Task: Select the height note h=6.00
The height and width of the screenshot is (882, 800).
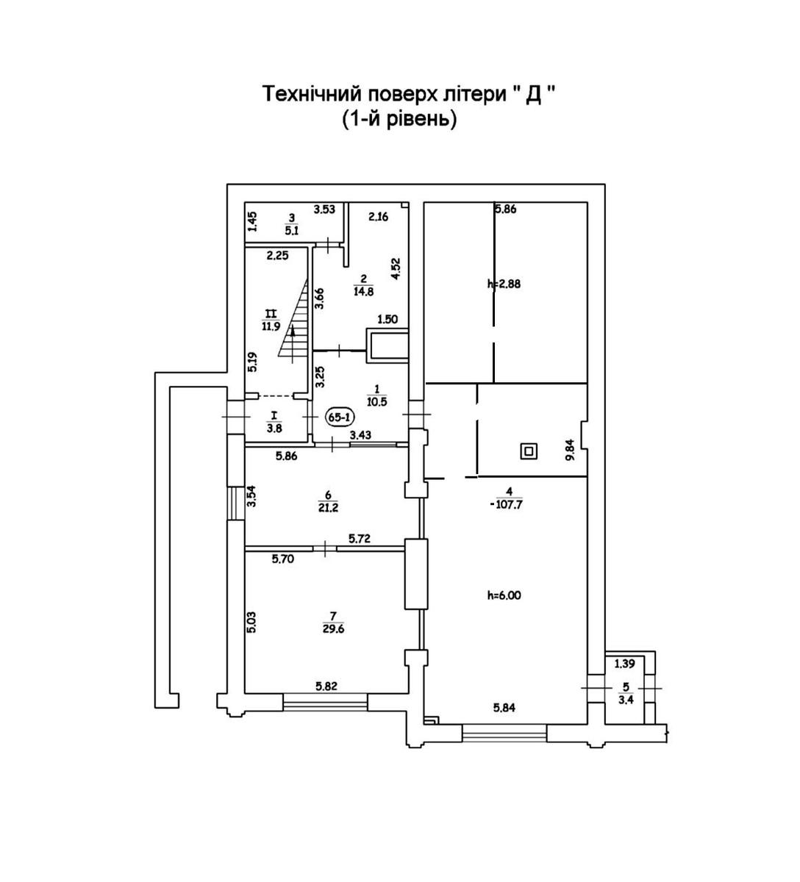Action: coord(504,596)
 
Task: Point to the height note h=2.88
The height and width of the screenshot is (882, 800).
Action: coord(504,284)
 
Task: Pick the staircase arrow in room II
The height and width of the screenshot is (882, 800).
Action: coord(293,340)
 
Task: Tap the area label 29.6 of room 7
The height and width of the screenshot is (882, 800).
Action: coord(333,628)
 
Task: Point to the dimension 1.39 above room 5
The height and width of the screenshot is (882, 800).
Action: coord(624,664)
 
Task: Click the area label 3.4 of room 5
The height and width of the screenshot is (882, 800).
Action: coord(626,700)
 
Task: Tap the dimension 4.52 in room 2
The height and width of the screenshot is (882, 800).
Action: coord(396,268)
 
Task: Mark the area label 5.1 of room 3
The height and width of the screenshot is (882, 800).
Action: coord(292,228)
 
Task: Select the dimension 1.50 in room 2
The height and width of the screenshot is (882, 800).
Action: coord(387,319)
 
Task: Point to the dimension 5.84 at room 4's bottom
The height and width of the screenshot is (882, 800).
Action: coord(504,709)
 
